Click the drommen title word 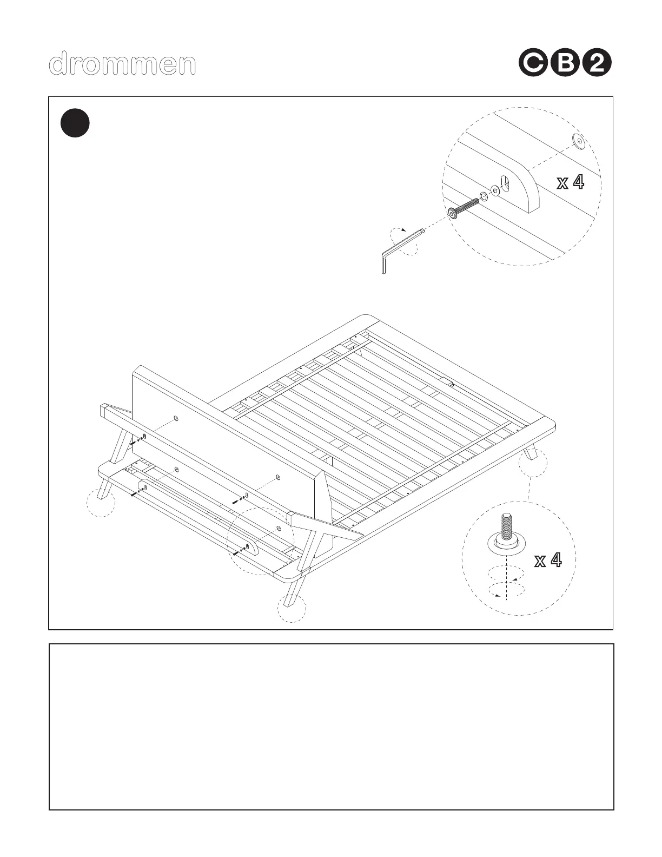(122, 64)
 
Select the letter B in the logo (565, 64)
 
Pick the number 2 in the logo (599, 64)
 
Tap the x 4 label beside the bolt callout (571, 183)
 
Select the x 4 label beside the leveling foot (548, 561)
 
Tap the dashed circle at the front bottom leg (292, 608)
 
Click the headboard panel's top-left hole (176, 419)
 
